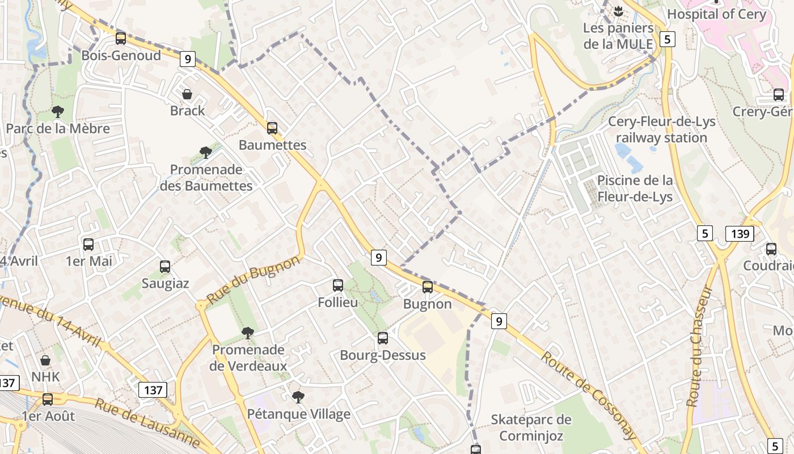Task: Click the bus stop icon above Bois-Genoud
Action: pos(121,39)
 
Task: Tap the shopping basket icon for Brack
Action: pos(187,94)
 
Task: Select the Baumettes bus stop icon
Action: pos(272,128)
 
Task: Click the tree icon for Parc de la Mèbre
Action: pos(57,112)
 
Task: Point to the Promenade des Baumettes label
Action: pos(206,178)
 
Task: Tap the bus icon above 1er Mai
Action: pos(88,245)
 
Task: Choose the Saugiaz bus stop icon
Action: pos(165,267)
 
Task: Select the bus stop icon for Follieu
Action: pos(338,285)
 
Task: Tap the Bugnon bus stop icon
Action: pos(428,287)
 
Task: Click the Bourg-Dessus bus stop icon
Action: pos(383,338)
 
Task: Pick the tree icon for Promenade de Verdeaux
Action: pos(247,333)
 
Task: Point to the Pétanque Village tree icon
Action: pos(298,397)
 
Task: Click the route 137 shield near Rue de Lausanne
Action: pos(153,390)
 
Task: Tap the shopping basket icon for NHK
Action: pos(45,360)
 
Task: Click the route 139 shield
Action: pos(740,233)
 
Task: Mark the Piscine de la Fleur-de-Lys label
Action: pos(635,189)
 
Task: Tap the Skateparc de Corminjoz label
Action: pos(531,428)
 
